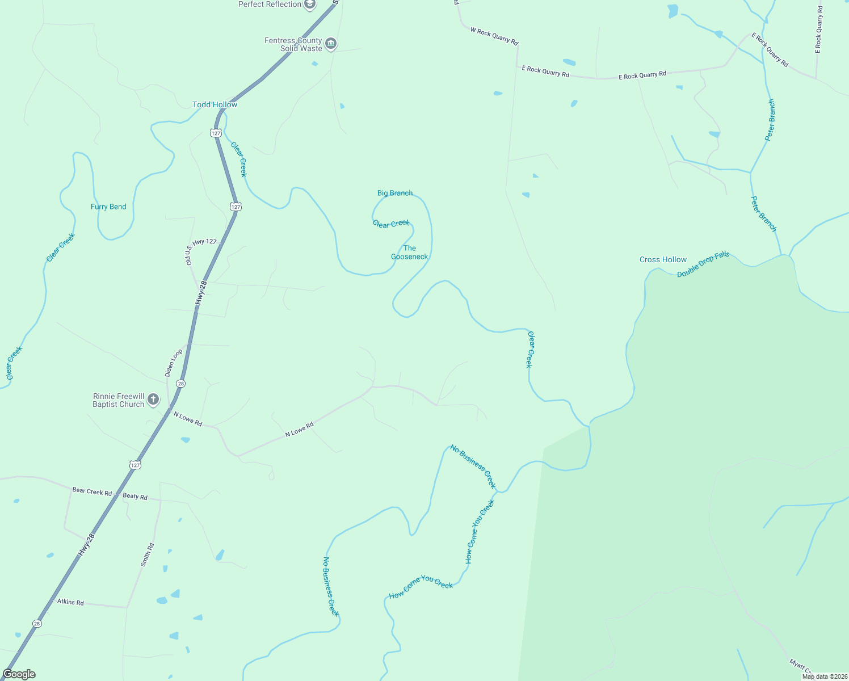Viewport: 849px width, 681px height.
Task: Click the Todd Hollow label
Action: [x=215, y=104]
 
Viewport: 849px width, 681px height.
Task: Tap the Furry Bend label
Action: [x=108, y=207]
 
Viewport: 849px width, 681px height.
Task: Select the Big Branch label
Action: [x=395, y=193]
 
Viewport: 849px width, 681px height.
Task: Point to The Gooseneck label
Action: [x=409, y=253]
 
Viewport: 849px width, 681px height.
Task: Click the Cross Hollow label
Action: [x=663, y=259]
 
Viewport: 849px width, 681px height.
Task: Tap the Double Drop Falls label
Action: [x=703, y=264]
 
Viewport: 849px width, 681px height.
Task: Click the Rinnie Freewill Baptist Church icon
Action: [x=153, y=400]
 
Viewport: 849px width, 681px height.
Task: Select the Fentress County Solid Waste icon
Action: [x=331, y=44]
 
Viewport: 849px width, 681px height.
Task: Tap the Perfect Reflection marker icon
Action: [x=309, y=5]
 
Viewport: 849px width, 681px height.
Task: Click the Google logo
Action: [x=19, y=674]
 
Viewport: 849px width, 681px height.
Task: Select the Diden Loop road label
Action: [x=174, y=363]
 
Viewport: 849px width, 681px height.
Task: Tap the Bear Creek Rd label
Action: [x=92, y=491]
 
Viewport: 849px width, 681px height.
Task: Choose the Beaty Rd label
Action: [x=135, y=496]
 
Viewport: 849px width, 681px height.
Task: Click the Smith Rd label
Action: [x=148, y=555]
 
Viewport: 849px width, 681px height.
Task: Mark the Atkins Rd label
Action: [x=70, y=602]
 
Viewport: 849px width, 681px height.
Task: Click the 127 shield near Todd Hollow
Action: [x=215, y=133]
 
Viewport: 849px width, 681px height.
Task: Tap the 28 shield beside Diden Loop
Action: [x=180, y=384]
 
